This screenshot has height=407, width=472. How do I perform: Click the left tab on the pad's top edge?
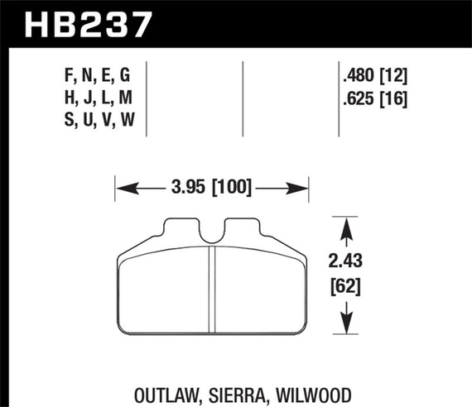[x=182, y=225]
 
